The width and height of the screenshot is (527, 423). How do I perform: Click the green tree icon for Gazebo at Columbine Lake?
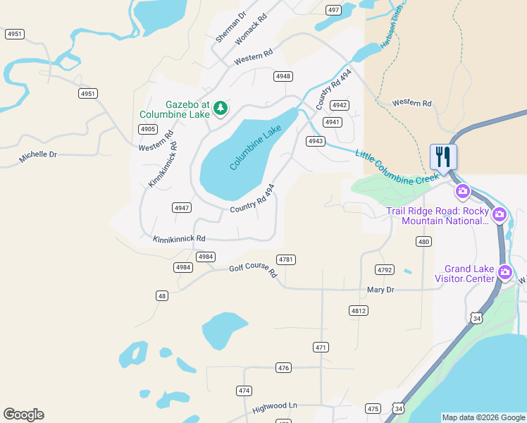[x=221, y=107]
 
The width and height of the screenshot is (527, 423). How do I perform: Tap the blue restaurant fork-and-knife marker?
[x=443, y=156]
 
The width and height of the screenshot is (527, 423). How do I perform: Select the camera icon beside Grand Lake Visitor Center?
[x=504, y=272]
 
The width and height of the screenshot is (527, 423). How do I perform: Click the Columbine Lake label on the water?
[x=255, y=147]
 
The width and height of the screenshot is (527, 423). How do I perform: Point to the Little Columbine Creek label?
[x=397, y=168]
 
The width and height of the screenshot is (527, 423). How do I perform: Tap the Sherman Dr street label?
[x=231, y=27]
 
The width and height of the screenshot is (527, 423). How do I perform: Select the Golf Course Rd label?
[x=253, y=270]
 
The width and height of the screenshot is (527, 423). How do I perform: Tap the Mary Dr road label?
[x=380, y=290]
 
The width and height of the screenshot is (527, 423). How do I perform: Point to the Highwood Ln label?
[x=275, y=406]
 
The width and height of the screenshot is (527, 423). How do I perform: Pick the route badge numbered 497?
[x=334, y=10]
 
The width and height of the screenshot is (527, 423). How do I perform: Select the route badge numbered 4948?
[x=283, y=76]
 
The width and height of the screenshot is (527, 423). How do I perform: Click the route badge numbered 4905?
[x=147, y=129]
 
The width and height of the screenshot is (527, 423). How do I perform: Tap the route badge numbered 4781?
[x=285, y=259]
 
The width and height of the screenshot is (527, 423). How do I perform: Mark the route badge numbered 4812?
[x=358, y=310]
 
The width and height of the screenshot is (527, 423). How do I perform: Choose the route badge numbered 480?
[x=423, y=242]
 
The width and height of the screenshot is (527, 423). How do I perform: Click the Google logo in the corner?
[x=23, y=414]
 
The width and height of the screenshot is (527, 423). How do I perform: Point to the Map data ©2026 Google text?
[x=483, y=417]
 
